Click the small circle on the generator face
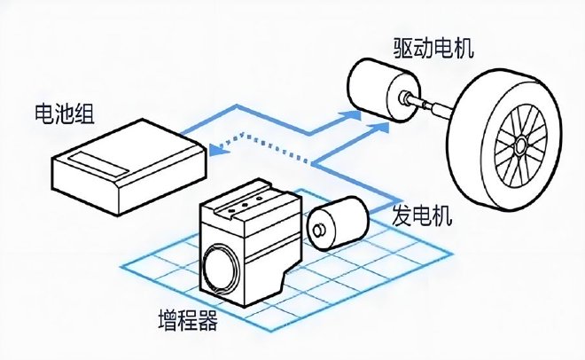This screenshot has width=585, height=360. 317,233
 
